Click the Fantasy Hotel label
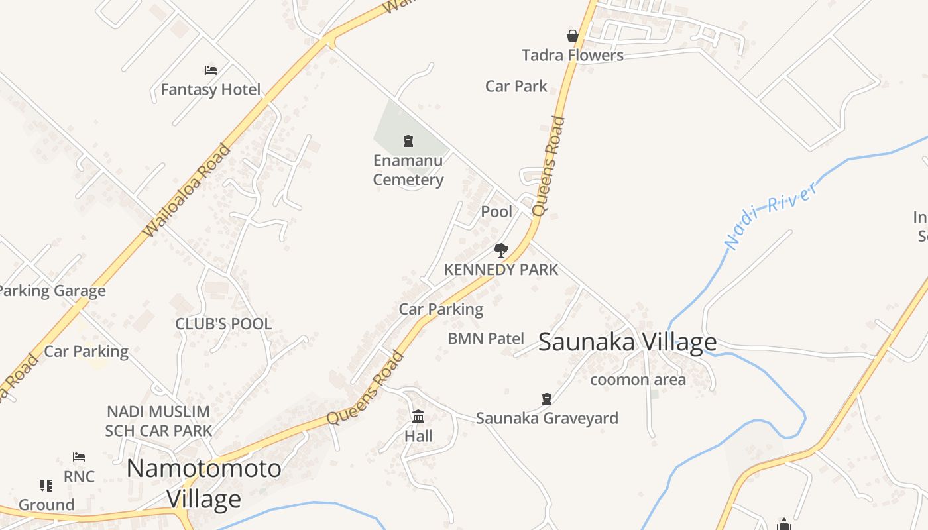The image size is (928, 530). pos(211,89)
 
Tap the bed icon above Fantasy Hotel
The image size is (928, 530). pos(211,70)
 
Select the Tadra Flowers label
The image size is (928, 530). pos(573,55)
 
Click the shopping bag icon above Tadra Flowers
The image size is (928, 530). pos(573,36)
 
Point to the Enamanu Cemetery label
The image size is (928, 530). pos(408,170)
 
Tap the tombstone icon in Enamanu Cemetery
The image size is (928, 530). pos(408,140)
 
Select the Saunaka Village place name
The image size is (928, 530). pos(627,343)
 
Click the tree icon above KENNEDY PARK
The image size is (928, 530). pos(501,250)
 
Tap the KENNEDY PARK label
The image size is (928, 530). pos(501,270)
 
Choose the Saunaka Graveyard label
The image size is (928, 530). pos(547,418)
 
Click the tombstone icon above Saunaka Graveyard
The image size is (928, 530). pos(547,399)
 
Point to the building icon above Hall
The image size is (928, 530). pos(418,417)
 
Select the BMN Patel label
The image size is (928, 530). pos(486,339)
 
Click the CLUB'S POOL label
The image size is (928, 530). pos(223,324)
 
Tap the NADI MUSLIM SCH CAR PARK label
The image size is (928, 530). pos(158,421)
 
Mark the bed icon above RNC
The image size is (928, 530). pos(79,457)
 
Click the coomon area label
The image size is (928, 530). pos(638,380)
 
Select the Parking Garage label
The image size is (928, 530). pos(52,291)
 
